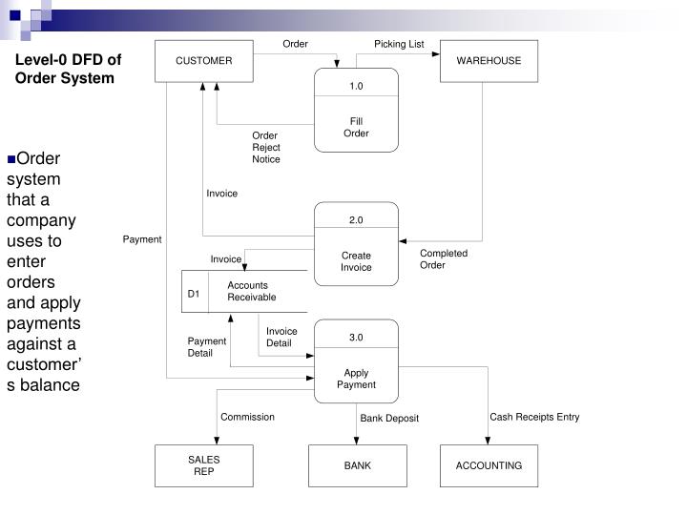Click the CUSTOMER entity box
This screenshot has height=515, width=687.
tap(203, 61)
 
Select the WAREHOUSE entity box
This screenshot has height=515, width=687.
tap(489, 61)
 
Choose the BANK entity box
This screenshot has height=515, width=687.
tap(357, 465)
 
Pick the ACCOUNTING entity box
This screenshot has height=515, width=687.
tap(489, 465)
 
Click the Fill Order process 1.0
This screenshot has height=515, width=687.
tap(356, 110)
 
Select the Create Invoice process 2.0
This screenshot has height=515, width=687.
tap(356, 244)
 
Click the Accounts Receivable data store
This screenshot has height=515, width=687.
tap(248, 291)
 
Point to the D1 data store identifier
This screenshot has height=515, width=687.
tap(194, 293)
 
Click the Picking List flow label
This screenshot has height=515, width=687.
tap(399, 44)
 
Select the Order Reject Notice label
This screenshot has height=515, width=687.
tap(266, 147)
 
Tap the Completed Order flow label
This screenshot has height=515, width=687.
tap(444, 258)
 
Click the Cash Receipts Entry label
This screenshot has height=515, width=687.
tap(534, 417)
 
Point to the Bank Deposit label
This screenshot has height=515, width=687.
tap(389, 418)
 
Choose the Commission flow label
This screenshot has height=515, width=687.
tap(247, 417)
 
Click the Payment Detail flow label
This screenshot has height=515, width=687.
tap(206, 346)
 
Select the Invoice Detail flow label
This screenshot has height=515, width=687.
tap(281, 337)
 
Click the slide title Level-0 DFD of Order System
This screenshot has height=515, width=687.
tap(68, 68)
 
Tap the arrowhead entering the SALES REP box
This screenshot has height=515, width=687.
tap(217, 440)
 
